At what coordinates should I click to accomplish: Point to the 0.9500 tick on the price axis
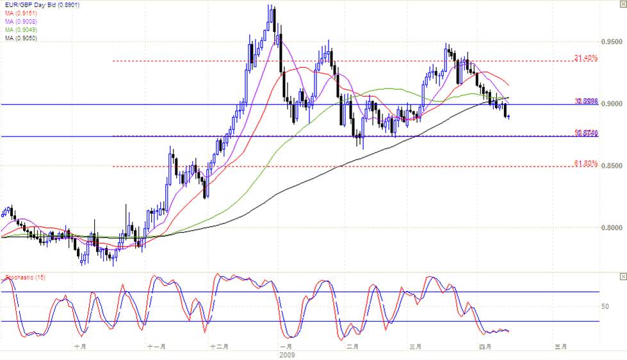click(612, 42)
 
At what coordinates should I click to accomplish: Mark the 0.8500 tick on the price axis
click(612, 166)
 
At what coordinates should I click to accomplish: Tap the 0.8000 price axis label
click(612, 228)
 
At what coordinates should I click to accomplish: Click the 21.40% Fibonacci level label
click(586, 58)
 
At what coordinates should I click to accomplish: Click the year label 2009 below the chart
click(287, 354)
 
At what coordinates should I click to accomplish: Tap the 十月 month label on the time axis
click(81, 347)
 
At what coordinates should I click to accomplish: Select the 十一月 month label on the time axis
click(156, 347)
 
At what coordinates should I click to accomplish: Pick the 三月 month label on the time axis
click(416, 347)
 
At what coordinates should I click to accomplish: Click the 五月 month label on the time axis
click(560, 347)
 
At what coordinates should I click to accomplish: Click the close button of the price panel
click(622, 5)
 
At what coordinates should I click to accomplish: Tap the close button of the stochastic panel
click(622, 276)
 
